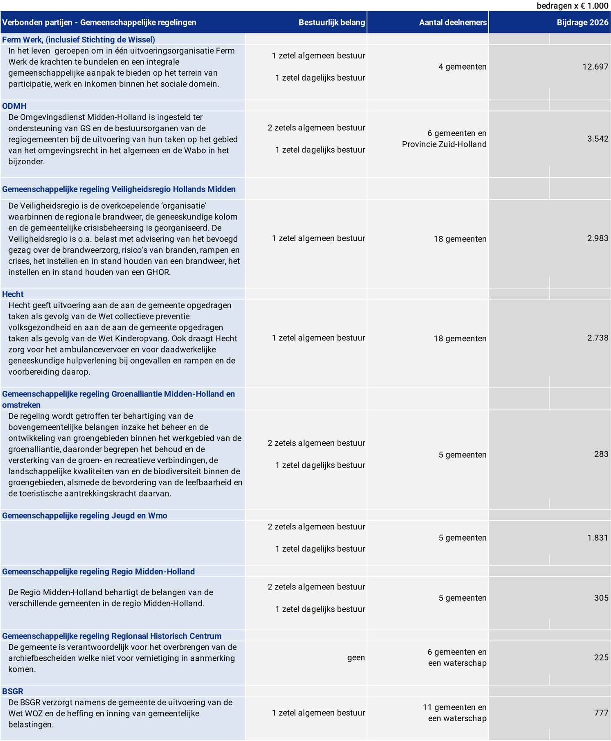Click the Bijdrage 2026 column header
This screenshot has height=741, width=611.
tap(582, 23)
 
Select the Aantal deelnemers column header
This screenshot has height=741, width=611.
tap(452, 23)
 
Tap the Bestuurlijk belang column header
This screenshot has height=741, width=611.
tap(331, 23)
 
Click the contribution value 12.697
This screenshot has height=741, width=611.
tap(595, 67)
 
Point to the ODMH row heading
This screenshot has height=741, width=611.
tap(14, 106)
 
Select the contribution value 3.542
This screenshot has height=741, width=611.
tap(597, 139)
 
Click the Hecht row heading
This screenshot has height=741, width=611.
tap(13, 294)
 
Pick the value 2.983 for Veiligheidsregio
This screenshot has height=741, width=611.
tap(597, 238)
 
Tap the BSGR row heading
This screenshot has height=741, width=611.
tap(13, 691)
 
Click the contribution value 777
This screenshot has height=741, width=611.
tap(601, 713)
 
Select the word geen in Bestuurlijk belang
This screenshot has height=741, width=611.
tap(356, 657)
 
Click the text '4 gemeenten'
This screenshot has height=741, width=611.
tap(462, 67)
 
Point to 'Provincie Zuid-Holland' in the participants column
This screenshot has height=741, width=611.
tap(444, 144)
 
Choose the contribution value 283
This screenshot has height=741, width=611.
tap(601, 454)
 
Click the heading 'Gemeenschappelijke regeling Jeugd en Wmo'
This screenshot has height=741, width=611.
tap(84, 515)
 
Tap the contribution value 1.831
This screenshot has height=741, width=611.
tap(597, 538)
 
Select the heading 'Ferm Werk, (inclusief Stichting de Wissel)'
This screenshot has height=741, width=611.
tap(79, 40)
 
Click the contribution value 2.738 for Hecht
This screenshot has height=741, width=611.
tap(597, 338)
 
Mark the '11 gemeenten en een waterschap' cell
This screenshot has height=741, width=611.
tap(454, 713)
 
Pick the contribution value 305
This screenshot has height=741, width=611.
tap(601, 598)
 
